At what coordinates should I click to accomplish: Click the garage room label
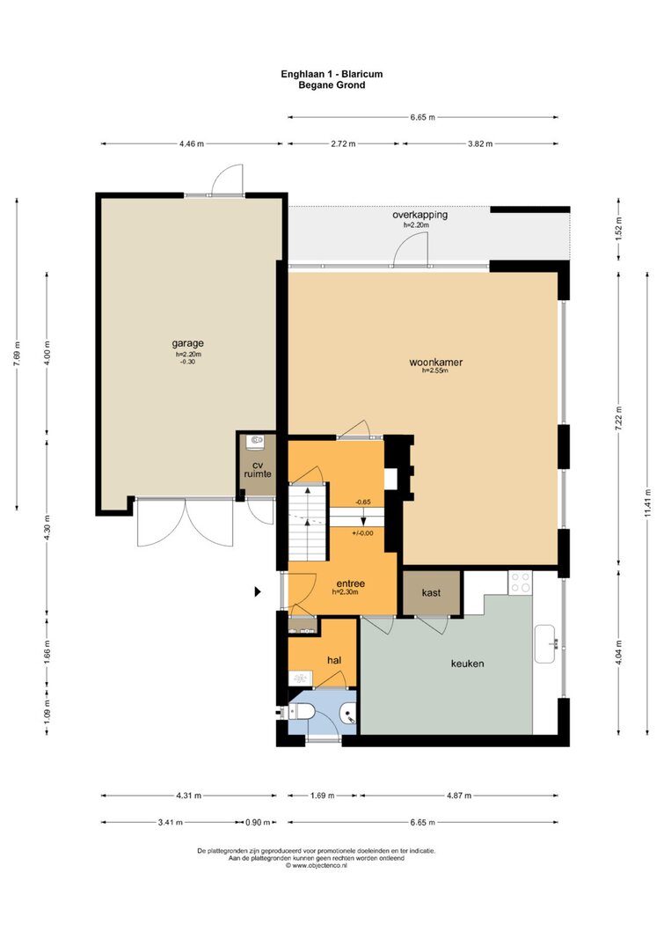click(x=188, y=343)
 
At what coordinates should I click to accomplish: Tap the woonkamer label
click(x=435, y=363)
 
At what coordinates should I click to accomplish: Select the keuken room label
click(x=467, y=664)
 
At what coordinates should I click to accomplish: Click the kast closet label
click(x=431, y=593)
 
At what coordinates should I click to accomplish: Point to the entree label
click(x=351, y=583)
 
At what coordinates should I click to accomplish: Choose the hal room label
click(x=334, y=660)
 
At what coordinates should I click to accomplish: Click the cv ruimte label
click(x=258, y=470)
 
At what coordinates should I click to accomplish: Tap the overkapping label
click(x=420, y=215)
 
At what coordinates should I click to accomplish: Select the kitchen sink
click(x=544, y=644)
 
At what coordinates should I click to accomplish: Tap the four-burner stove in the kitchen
click(x=520, y=582)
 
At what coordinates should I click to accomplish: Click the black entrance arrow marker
click(x=258, y=591)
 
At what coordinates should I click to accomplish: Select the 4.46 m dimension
click(x=192, y=143)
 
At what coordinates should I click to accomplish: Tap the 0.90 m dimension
click(x=258, y=822)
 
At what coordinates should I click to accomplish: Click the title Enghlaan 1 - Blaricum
click(x=332, y=74)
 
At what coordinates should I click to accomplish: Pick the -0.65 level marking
click(x=362, y=502)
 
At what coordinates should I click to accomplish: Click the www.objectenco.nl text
click(x=316, y=865)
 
